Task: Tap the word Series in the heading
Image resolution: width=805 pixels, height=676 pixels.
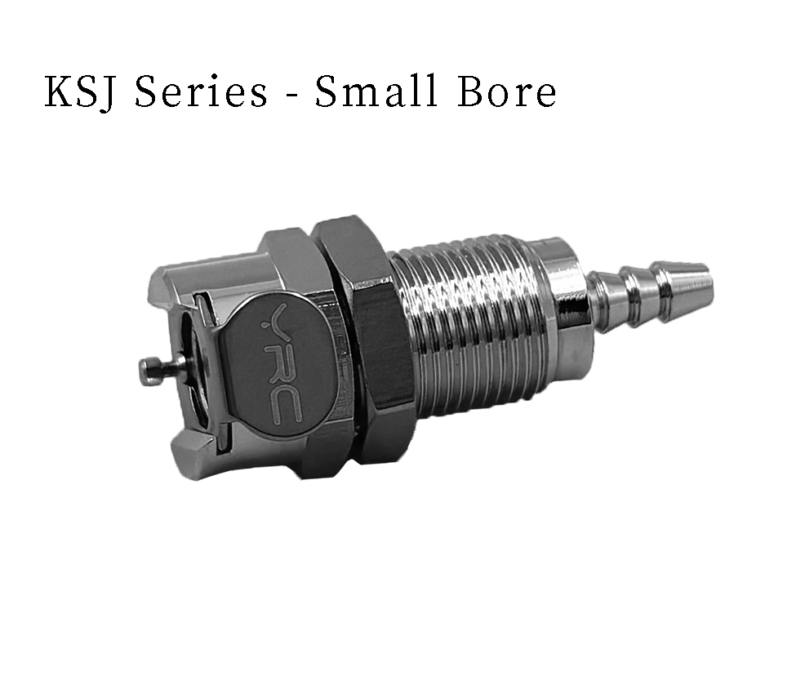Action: click(201, 92)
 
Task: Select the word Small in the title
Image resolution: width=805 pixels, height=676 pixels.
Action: click(376, 91)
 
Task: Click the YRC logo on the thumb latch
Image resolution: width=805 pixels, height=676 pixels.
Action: click(282, 366)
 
